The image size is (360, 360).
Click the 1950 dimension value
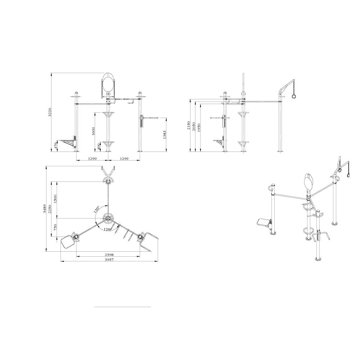pyautogui.click(x=199, y=128)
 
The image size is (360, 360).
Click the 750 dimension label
pyautogui.click(x=55, y=228)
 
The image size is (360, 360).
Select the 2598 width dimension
pyautogui.click(x=108, y=254)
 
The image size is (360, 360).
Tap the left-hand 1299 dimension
pyautogui.click(x=92, y=158)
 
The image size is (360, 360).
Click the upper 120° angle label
pyautogui.click(x=96, y=210)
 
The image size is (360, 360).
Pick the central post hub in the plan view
pyautogui.click(x=108, y=218)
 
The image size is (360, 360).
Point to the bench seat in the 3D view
pyautogui.click(x=264, y=224)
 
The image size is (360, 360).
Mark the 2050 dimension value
pyautogui.click(x=194, y=126)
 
